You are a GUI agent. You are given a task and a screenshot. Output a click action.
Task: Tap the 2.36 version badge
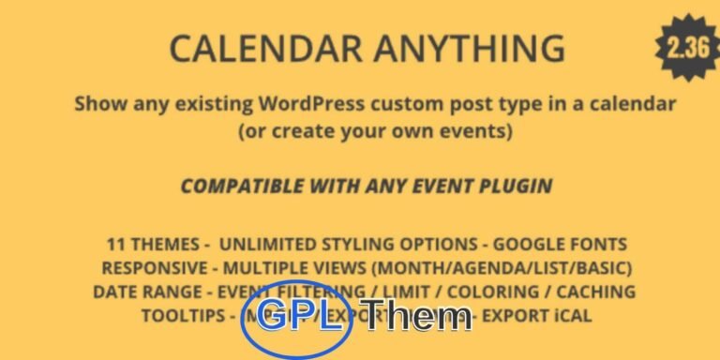tap(688, 48)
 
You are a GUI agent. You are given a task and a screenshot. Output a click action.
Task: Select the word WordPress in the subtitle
tap(323, 103)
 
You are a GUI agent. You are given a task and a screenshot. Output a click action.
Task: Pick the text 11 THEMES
tap(152, 245)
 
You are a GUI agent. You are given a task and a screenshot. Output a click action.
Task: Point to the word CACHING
tap(595, 292)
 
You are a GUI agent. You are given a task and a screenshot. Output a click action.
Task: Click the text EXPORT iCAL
tap(541, 315)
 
